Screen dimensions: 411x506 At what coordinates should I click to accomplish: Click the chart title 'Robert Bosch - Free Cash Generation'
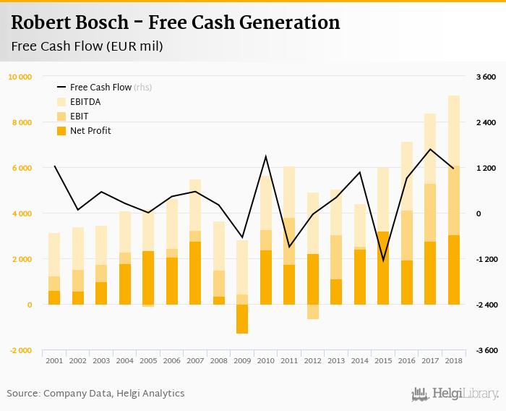point(176,22)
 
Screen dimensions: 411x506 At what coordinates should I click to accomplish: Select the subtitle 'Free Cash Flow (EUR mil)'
point(87,46)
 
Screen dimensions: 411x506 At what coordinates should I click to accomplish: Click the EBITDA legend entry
point(85,102)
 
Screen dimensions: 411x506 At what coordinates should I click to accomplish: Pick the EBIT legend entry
point(80,116)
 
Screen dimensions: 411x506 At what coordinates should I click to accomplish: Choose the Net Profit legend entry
point(90,131)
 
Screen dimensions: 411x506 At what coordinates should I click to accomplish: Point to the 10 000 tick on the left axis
point(20,77)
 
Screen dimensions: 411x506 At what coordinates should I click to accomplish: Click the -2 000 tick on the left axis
point(20,350)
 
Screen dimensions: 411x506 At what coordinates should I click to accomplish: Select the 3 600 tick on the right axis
point(484,77)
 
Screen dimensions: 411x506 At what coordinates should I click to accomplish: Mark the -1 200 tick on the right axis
point(484,259)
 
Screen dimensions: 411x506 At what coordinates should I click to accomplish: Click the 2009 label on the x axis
point(242,360)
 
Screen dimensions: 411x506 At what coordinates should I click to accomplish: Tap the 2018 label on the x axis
point(453,360)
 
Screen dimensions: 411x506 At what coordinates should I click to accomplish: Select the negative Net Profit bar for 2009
point(242,319)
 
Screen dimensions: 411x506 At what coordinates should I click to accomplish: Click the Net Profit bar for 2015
point(383,268)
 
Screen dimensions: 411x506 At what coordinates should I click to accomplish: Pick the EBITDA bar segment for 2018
point(453,130)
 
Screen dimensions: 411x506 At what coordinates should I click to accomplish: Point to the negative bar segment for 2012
point(312,312)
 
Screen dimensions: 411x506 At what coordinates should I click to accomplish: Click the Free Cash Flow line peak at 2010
point(265,156)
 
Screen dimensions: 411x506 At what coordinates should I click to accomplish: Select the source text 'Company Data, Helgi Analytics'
point(113,394)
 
